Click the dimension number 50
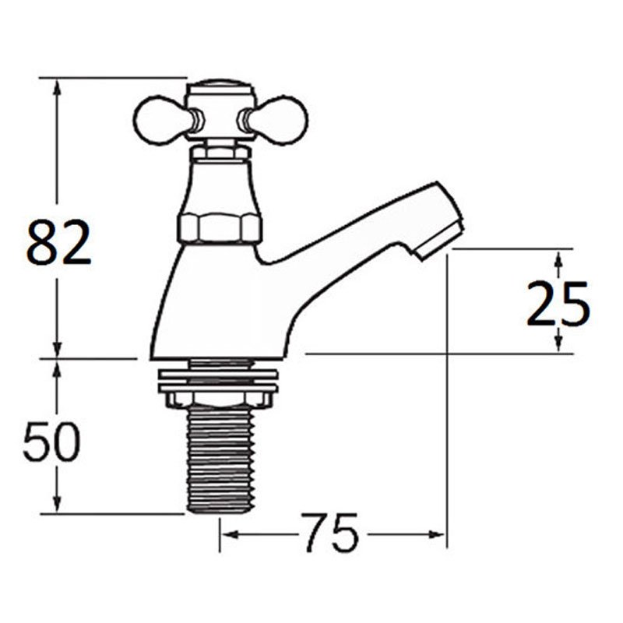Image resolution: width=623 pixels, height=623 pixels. point(51,442)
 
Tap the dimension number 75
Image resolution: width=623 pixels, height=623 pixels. point(330,534)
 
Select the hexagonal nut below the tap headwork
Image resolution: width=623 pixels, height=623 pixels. point(220,228)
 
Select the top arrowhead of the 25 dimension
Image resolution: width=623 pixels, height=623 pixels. point(558,256)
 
